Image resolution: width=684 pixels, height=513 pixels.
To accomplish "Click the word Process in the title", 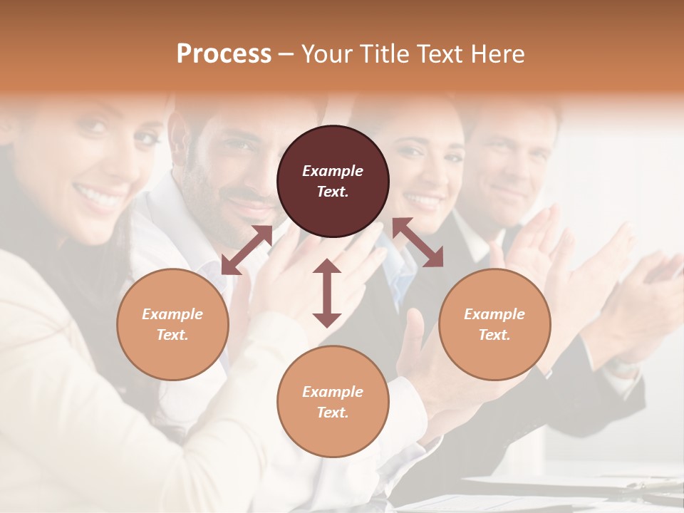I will (x=224, y=54).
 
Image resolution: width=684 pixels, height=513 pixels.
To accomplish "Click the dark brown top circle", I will (x=333, y=181).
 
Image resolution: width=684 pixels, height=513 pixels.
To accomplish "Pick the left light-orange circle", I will (x=172, y=324).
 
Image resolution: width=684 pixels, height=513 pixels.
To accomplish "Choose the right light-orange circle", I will (x=494, y=324).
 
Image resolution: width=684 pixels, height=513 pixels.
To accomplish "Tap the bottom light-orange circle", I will (x=333, y=401).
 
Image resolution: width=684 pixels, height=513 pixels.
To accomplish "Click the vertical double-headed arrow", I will (x=327, y=294).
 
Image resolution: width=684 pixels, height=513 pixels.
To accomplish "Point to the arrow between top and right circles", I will (x=418, y=243).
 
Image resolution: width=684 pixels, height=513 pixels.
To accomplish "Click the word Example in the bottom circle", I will (x=333, y=391).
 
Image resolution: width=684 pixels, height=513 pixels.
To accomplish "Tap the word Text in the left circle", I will (x=172, y=335).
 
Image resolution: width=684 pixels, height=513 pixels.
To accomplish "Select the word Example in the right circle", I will (x=494, y=314).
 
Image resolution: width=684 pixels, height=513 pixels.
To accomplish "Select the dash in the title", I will (x=286, y=54).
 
